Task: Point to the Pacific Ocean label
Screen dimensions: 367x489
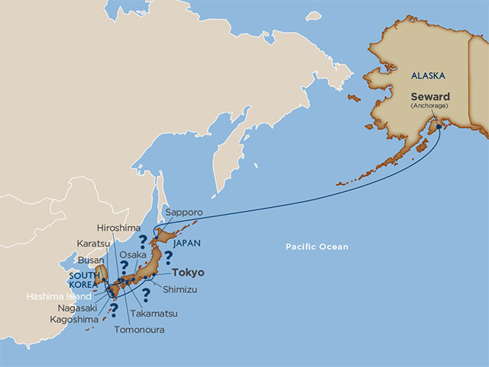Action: pyautogui.click(x=317, y=247)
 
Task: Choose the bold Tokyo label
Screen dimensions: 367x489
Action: pyautogui.click(x=189, y=272)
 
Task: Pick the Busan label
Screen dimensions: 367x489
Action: pyautogui.click(x=92, y=260)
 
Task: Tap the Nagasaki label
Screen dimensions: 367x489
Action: pyautogui.click(x=76, y=307)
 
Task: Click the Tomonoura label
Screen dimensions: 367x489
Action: pyautogui.click(x=138, y=330)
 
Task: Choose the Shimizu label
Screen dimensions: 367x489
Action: pyautogui.click(x=180, y=289)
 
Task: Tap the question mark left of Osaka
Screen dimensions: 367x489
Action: pyautogui.click(x=121, y=268)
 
